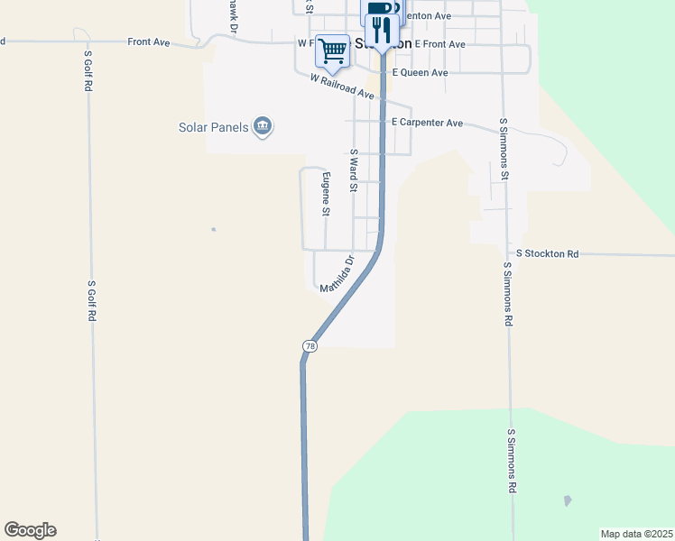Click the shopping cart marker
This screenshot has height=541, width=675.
333,50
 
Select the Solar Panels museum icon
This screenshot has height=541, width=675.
263,127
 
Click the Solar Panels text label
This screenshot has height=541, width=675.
213,127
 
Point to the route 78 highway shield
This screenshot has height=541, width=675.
310,346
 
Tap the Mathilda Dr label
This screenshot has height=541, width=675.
338,273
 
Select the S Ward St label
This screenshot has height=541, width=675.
355,171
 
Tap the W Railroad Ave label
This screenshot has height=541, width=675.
341,87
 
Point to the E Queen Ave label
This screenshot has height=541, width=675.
420,73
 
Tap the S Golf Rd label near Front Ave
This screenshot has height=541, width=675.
88,68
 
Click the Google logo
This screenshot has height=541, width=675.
30,530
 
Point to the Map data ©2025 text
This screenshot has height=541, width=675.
636,534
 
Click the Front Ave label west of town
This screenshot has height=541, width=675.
149,42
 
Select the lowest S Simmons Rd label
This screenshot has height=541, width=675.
511,461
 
